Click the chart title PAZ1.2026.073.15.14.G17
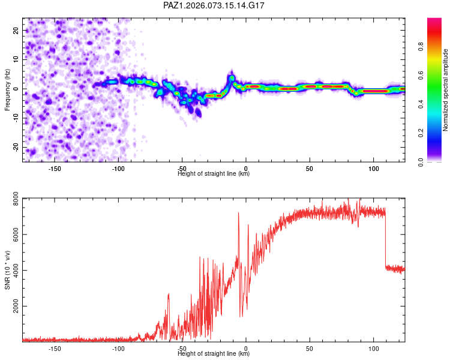click(x=214, y=5)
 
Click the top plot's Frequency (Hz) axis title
click(x=8, y=89)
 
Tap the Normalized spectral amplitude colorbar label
click(x=446, y=90)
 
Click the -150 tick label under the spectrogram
click(x=55, y=169)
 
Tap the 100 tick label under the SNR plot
click(x=373, y=348)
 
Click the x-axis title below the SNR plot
click(x=214, y=354)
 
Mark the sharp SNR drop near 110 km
click(x=385, y=240)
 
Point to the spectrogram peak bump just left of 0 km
click(x=232, y=77)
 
